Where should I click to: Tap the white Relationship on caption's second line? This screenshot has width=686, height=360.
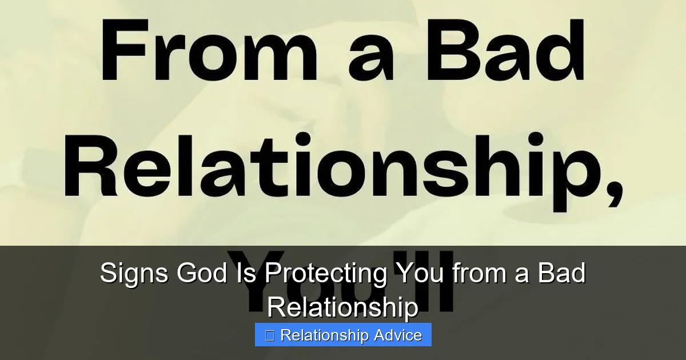(x=343, y=308)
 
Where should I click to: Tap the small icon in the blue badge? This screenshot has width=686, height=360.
(x=270, y=335)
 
